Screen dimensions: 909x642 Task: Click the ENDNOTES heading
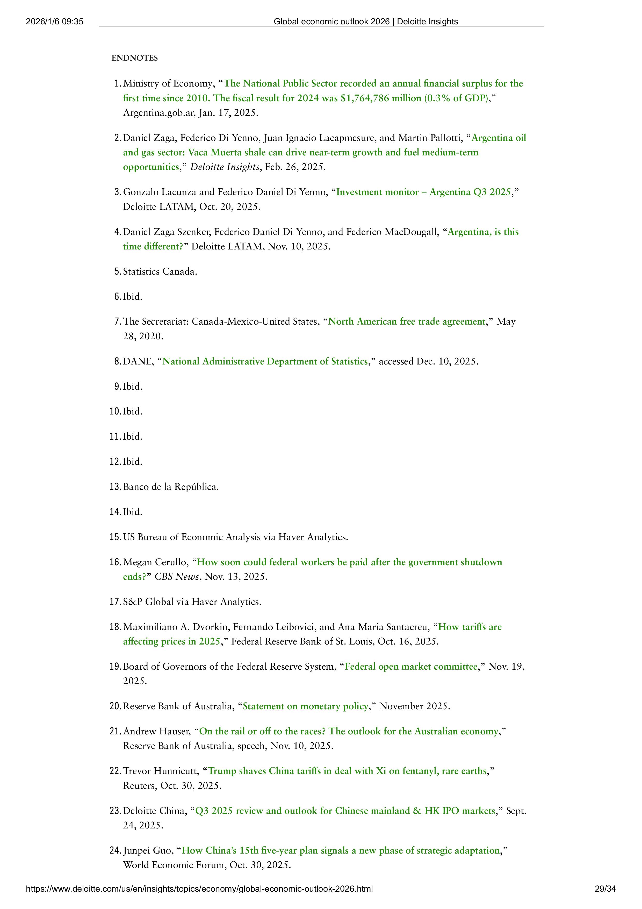click(135, 58)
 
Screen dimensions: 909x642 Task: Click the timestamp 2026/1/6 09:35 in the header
click(55, 22)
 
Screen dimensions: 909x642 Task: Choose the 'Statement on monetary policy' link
click(305, 706)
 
